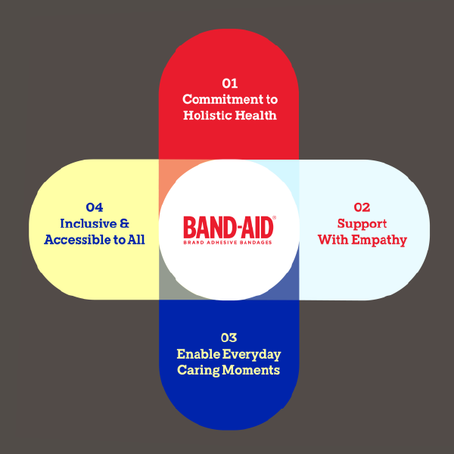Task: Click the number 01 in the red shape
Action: pos(229,82)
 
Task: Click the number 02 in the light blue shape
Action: pos(362,207)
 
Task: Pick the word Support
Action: pos(362,224)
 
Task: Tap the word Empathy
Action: pos(381,240)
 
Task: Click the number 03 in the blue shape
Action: pos(229,337)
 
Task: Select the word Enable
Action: pos(196,353)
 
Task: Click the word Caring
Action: pos(199,370)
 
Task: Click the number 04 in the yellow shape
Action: pos(95,207)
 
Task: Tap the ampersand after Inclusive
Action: pos(124,223)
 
